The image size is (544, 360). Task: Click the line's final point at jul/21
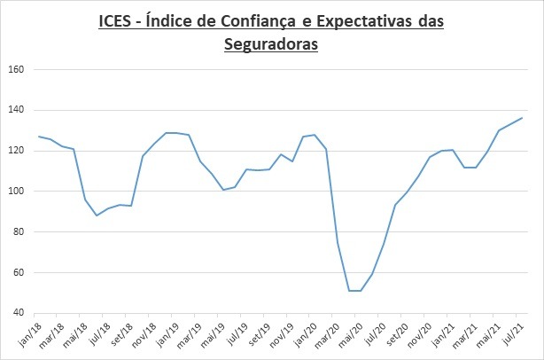(522, 118)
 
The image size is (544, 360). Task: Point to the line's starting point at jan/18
(39, 137)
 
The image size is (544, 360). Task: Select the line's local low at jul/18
(97, 215)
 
